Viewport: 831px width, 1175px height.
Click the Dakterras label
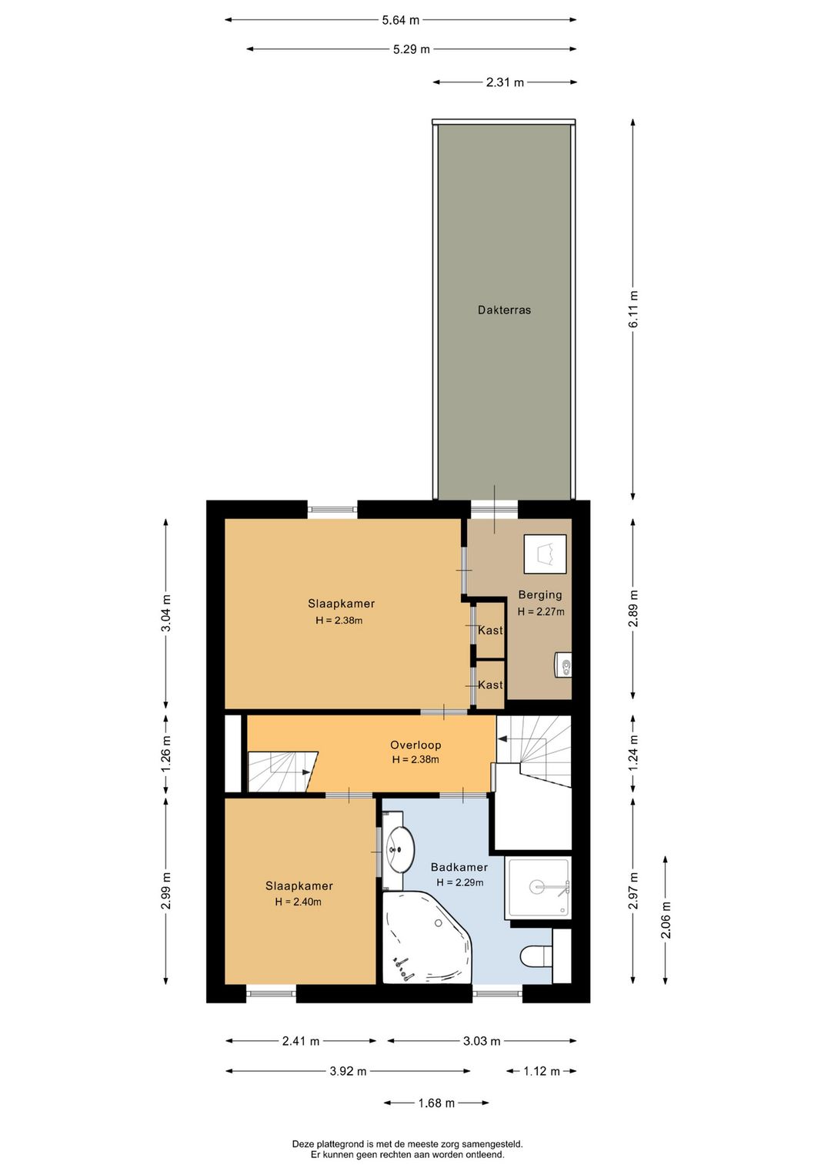pyautogui.click(x=504, y=310)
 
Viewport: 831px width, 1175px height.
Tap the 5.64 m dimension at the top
pyautogui.click(x=401, y=21)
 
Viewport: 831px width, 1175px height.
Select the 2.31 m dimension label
pyautogui.click(x=505, y=82)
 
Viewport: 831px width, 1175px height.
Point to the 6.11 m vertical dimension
pyautogui.click(x=633, y=310)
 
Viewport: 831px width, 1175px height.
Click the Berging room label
pyautogui.click(x=540, y=595)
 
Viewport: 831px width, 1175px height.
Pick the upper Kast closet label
pyautogui.click(x=490, y=630)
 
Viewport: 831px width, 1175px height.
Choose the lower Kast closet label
pyautogui.click(x=490, y=685)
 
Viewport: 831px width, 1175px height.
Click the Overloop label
pyautogui.click(x=415, y=745)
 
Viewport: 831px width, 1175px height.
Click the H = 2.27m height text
pyautogui.click(x=541, y=611)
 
